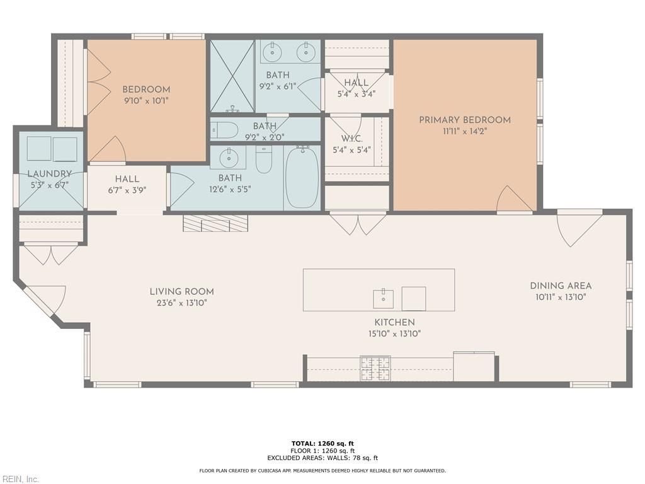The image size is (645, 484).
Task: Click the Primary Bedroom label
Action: click(x=465, y=120)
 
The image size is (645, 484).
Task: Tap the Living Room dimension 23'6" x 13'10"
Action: click(x=182, y=303)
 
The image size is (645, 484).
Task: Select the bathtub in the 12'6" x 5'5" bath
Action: click(x=302, y=177)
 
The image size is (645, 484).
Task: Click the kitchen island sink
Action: click(x=383, y=299)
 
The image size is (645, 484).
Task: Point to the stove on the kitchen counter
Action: click(x=375, y=369)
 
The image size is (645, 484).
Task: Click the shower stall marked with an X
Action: click(x=232, y=76)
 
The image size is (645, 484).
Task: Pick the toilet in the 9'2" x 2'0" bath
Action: click(x=225, y=130)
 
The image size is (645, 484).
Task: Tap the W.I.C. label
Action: click(x=351, y=139)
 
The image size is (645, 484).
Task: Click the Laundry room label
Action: click(x=49, y=174)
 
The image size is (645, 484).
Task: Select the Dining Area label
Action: click(x=561, y=285)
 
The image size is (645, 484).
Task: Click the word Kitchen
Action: click(x=394, y=322)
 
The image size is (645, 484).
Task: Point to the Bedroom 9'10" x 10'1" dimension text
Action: click(x=146, y=100)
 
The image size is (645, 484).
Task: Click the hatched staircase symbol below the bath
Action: click(x=215, y=222)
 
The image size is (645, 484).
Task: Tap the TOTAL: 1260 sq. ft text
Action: click(x=322, y=444)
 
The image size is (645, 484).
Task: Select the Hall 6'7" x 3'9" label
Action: click(x=127, y=185)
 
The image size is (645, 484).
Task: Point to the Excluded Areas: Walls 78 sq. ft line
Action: click(x=322, y=458)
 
